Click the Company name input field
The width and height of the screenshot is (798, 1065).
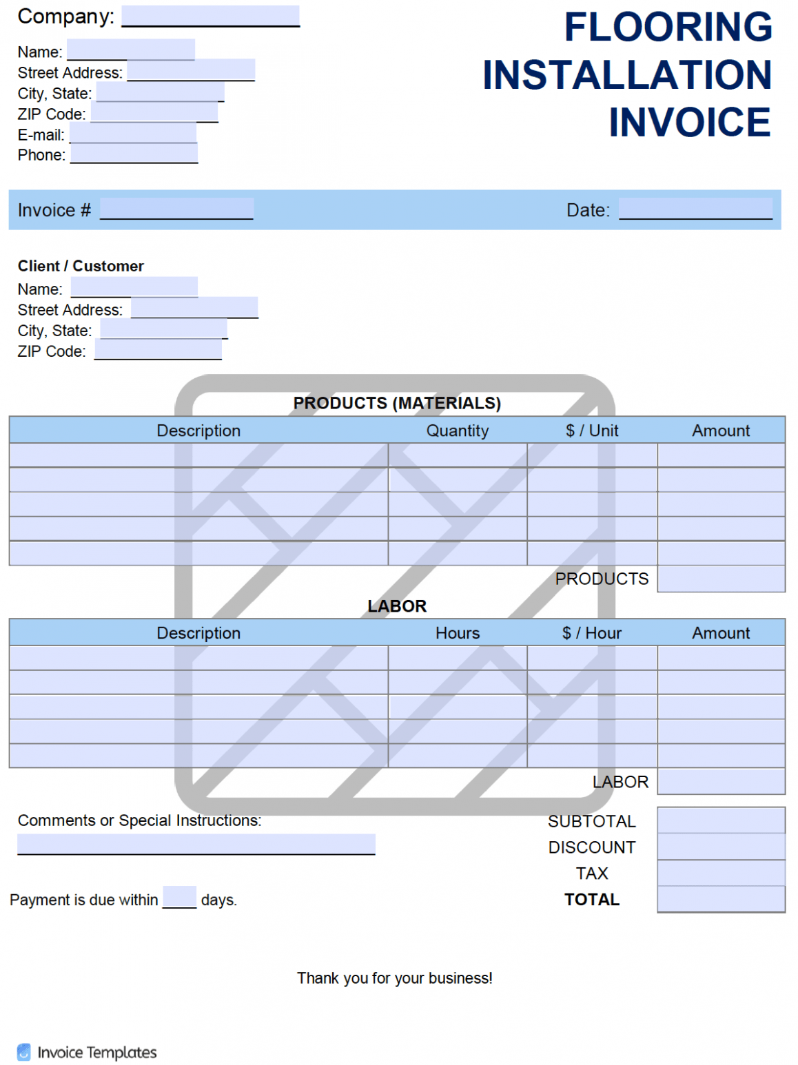click(x=210, y=16)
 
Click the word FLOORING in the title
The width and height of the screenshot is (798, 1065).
click(x=668, y=28)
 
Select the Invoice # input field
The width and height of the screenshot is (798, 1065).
click(x=176, y=209)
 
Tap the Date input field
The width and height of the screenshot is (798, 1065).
click(x=695, y=209)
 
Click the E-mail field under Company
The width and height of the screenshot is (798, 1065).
click(x=133, y=133)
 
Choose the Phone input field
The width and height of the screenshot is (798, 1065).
click(x=134, y=154)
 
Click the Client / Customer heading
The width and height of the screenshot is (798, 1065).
click(x=81, y=266)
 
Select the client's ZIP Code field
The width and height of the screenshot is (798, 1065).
click(x=158, y=350)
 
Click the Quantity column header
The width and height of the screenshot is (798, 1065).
click(x=457, y=431)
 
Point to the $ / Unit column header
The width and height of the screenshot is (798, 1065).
click(x=591, y=431)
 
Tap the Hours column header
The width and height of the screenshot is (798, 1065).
click(x=457, y=633)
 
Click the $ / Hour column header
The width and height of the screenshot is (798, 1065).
click(x=591, y=633)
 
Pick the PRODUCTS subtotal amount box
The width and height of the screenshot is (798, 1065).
click(x=720, y=579)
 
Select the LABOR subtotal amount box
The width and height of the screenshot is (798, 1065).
click(x=720, y=781)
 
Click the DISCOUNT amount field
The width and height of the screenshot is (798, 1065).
click(x=720, y=847)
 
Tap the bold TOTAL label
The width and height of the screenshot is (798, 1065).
click(x=591, y=899)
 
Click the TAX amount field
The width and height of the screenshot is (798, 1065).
click(x=720, y=873)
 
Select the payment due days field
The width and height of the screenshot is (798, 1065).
click(x=179, y=897)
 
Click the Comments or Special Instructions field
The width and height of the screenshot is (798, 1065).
click(x=196, y=844)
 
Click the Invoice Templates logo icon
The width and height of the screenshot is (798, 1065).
click(x=24, y=1052)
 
